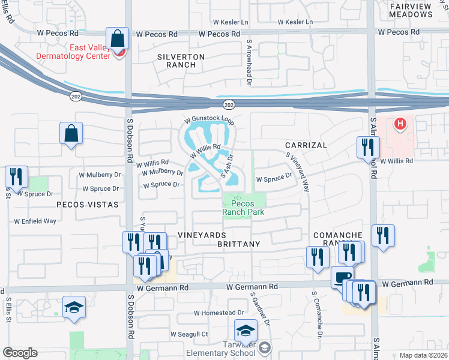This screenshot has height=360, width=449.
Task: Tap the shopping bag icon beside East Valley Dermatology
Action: [118, 38]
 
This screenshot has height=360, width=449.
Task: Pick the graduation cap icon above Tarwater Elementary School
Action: [246, 331]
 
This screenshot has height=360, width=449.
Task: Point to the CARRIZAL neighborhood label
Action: [306, 145]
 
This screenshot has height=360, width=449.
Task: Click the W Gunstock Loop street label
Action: [208, 119]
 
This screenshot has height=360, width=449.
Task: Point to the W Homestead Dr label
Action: [219, 313]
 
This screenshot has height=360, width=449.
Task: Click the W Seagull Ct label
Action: [189, 334]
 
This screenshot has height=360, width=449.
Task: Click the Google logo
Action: [20, 352]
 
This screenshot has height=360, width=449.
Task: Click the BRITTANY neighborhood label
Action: [239, 244]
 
